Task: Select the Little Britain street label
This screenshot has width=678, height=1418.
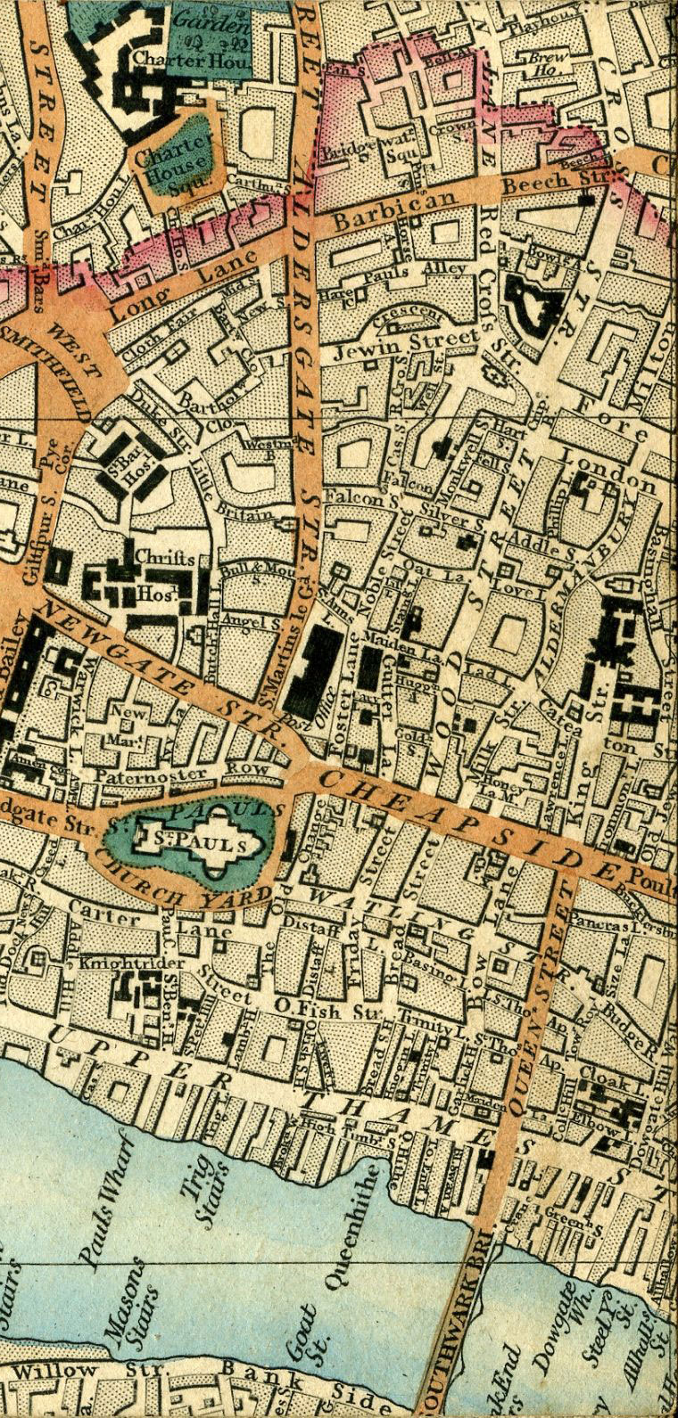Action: [x=240, y=499]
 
